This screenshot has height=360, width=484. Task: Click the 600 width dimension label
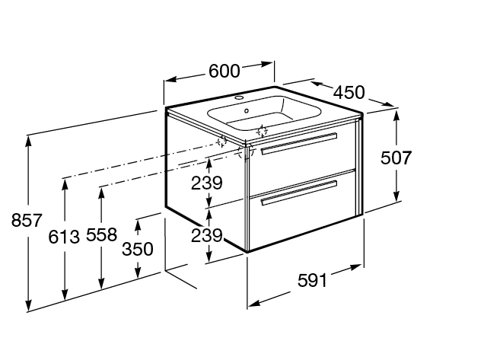[224, 71]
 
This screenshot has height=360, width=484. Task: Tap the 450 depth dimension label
[349, 92]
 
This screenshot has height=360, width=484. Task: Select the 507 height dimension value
[396, 158]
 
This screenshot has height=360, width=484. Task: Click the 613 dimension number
[65, 237]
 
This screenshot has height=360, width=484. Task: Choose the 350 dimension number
[138, 249]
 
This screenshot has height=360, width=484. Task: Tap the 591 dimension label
[312, 280]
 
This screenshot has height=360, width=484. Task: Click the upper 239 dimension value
[206, 183]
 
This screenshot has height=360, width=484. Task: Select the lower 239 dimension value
[206, 236]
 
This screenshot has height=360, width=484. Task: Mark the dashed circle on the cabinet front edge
[245, 151]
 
